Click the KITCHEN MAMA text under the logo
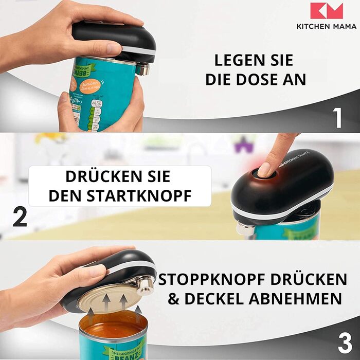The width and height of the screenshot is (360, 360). coord(326,26)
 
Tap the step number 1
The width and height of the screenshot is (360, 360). coord(337,117)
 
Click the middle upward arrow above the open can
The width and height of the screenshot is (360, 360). coord(121,301)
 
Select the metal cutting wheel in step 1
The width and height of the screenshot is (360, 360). coord(142,68)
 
